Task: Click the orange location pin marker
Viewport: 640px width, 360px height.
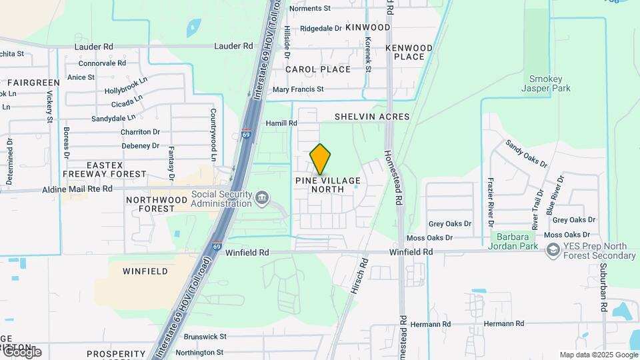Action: coord(321,159)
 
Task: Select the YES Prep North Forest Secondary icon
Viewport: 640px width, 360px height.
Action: coord(552,250)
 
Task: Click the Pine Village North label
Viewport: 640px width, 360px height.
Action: coord(328,185)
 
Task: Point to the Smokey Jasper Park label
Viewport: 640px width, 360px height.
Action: coord(545,83)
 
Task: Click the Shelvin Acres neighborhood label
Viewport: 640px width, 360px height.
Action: coord(372,117)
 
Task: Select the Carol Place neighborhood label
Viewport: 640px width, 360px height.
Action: coord(318,69)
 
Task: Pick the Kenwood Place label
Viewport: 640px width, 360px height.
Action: coord(409,52)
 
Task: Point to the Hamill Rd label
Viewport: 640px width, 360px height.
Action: coord(281,123)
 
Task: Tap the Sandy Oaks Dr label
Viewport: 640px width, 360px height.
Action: coord(526,153)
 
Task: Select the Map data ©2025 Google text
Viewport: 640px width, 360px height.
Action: coord(599,355)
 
